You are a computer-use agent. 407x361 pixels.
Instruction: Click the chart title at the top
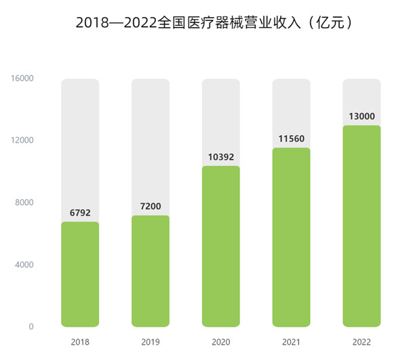203,22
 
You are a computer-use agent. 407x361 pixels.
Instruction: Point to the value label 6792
80,212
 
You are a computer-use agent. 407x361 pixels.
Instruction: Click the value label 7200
151,206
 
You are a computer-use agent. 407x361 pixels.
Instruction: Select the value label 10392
221,157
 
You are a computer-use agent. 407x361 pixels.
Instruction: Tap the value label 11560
291,138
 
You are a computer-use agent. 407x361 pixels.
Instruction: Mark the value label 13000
362,116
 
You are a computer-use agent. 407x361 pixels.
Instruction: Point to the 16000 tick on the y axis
22,79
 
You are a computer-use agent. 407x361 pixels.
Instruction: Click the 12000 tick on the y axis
22,140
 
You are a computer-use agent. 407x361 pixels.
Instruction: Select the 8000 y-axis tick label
24,203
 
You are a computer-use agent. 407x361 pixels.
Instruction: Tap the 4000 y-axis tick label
24,265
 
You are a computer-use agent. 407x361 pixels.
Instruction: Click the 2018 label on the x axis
80,343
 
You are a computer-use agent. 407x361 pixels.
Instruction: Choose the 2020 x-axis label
221,343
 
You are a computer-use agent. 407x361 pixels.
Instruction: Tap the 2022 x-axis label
362,343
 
